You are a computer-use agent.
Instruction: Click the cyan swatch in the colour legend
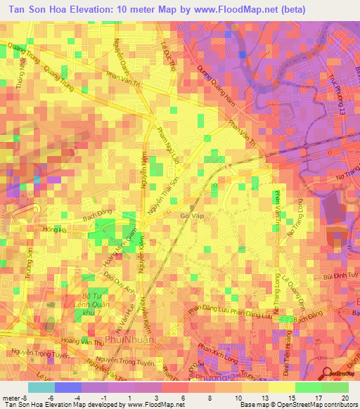[41, 387]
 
